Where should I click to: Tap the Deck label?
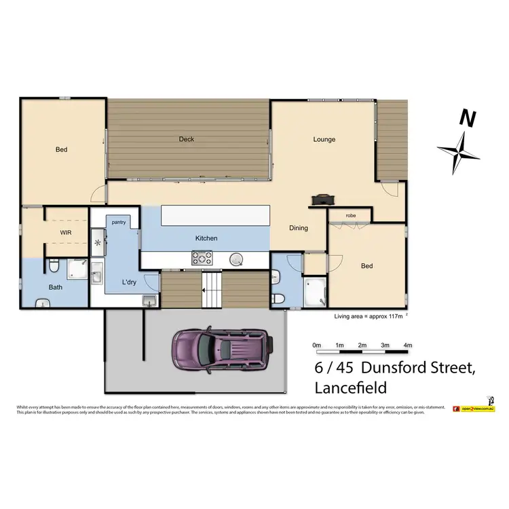click(x=187, y=139)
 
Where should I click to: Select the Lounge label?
click(x=324, y=140)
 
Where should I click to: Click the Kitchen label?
click(x=206, y=238)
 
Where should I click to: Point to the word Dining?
click(x=299, y=228)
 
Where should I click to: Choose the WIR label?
click(x=66, y=232)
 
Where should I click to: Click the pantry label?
click(x=119, y=222)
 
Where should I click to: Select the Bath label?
click(x=56, y=287)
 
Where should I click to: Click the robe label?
click(x=350, y=216)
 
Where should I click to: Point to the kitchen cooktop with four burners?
click(x=202, y=258)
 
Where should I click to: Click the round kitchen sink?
click(x=237, y=258)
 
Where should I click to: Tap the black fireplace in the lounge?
click(x=322, y=200)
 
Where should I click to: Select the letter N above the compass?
click(x=466, y=118)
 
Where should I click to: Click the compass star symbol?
click(x=459, y=150)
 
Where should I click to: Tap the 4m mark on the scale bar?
click(x=407, y=345)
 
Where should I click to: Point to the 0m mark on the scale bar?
click(x=316, y=345)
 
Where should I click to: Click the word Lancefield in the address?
click(x=351, y=388)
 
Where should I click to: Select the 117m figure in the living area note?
click(x=393, y=316)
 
